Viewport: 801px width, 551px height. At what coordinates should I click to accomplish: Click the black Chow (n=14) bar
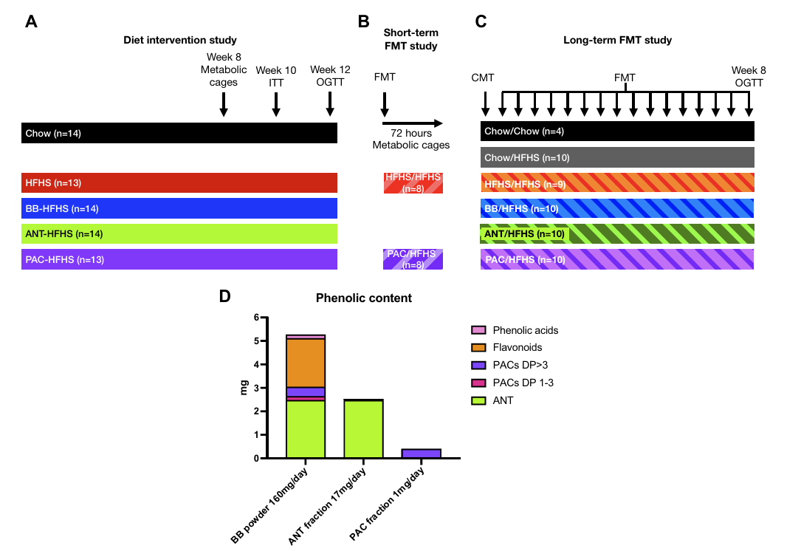179,133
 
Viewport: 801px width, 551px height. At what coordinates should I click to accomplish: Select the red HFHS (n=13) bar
179,182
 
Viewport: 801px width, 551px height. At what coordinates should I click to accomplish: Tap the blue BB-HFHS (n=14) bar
179,208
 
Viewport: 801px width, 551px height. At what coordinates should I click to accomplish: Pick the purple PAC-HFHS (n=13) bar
179,259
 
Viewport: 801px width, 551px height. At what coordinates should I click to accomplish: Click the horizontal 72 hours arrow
413,123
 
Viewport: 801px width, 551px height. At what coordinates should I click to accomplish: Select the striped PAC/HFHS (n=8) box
413,259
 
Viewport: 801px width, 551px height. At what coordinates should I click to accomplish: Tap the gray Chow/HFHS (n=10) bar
617,157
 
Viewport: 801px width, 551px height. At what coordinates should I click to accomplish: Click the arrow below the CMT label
485,104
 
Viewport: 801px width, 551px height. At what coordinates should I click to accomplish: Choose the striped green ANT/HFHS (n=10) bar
617,234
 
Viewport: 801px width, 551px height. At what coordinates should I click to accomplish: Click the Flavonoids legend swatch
478,347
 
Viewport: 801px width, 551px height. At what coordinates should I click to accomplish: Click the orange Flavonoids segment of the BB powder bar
306,363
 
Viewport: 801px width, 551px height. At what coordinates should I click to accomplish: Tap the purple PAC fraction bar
422,454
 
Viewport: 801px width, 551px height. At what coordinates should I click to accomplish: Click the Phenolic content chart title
363,298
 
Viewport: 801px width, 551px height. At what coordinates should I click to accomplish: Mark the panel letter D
225,296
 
